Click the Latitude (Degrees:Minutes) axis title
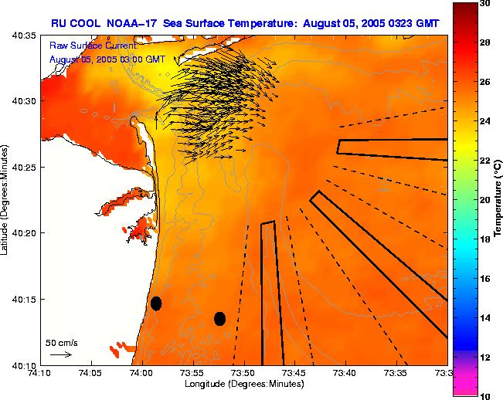click(x=6, y=200)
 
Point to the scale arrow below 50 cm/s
click(x=61, y=354)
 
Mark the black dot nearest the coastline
click(x=156, y=303)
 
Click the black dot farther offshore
click(x=219, y=318)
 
